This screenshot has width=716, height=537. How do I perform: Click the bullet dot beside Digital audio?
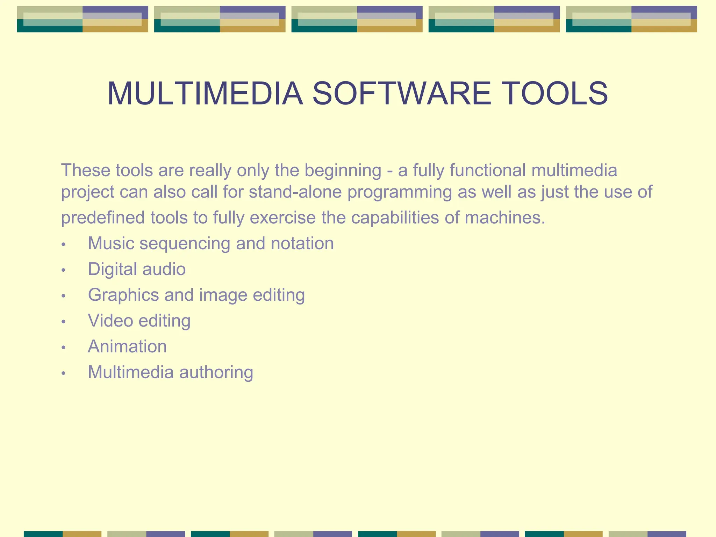tap(63, 270)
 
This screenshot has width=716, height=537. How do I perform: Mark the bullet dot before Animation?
tap(63, 348)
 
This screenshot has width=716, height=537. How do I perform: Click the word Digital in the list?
tap(112, 270)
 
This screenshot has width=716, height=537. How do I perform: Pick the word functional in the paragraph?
tap(487, 171)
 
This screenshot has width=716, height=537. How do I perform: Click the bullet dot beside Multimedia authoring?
tap(63, 373)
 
